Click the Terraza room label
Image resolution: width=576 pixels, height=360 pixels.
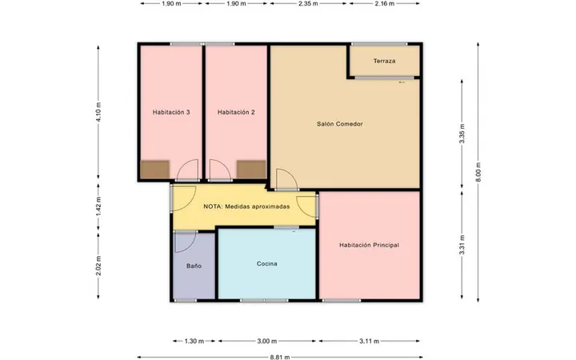(x=384, y=61)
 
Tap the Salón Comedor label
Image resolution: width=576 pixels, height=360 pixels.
(x=340, y=124)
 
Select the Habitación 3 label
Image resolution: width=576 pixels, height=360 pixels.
(x=171, y=113)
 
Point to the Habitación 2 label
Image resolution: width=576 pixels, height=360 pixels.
(x=236, y=113)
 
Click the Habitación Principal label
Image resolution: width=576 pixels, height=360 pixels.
(x=369, y=245)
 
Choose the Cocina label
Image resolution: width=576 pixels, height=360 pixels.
(x=267, y=264)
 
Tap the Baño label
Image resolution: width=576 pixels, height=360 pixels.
(x=194, y=266)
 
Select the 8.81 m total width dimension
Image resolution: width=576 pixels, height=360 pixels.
(x=280, y=357)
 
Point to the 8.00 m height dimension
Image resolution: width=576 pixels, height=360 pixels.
(x=478, y=172)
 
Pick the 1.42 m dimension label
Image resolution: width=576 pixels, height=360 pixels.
(x=98, y=207)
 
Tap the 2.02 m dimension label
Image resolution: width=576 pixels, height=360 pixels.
(x=98, y=266)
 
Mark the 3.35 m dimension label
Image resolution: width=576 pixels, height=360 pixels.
(x=462, y=134)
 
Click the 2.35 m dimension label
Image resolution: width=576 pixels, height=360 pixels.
(x=308, y=4)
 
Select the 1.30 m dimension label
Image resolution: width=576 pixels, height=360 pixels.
(x=194, y=342)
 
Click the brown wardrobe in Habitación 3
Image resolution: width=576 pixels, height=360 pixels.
(x=155, y=170)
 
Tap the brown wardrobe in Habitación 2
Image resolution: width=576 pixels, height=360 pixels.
(x=251, y=170)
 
